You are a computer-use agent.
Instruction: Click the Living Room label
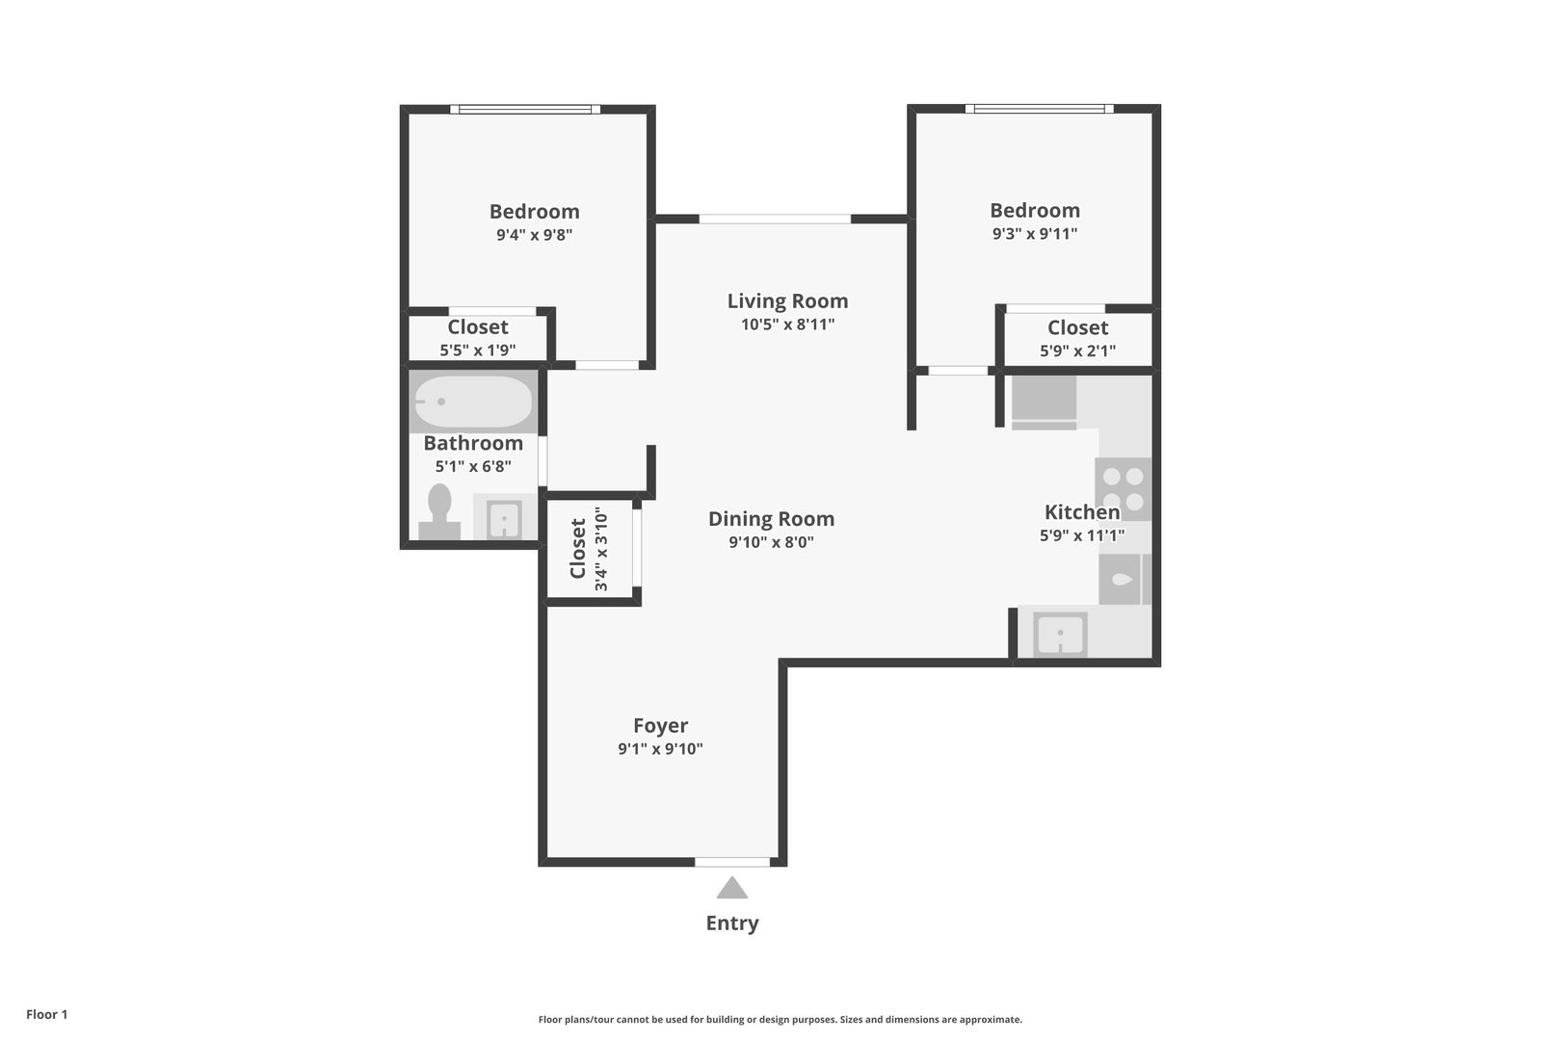(787, 300)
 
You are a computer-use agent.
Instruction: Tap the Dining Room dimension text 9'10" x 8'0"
(772, 542)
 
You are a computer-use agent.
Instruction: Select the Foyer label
(661, 726)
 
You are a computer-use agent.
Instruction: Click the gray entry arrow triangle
(731, 888)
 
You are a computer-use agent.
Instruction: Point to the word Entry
(731, 923)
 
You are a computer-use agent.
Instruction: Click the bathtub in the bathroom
(473, 402)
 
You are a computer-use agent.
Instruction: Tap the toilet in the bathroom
(439, 512)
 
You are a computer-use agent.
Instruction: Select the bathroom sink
(505, 517)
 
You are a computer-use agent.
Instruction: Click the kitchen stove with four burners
(1123, 489)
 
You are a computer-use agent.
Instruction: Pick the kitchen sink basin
(1060, 635)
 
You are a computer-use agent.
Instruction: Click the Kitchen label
(1082, 512)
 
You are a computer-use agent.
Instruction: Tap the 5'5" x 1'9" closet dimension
(477, 351)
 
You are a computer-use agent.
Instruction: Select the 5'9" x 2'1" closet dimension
(1077, 351)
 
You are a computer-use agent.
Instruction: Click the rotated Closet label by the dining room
(578, 549)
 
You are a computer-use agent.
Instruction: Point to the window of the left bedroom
(525, 110)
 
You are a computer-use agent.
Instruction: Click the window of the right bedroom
(1039, 109)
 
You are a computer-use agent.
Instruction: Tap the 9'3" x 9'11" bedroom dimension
(1035, 233)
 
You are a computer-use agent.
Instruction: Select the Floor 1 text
(46, 1014)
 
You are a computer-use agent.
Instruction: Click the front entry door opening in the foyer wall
(732, 863)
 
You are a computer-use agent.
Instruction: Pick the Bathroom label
(473, 443)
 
